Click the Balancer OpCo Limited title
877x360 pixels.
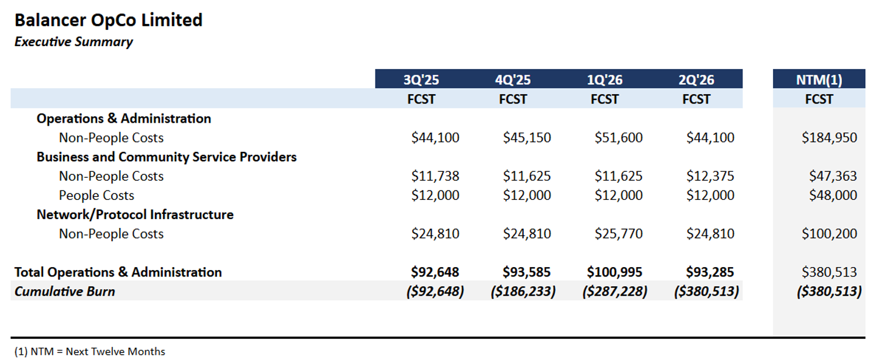pos(108,20)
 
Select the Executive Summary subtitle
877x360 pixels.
pos(74,42)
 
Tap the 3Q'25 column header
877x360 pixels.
pos(421,80)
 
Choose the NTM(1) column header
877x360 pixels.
pos(819,80)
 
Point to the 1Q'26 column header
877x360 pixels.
pos(605,80)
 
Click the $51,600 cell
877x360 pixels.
pos(619,138)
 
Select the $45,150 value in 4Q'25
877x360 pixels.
pos(527,138)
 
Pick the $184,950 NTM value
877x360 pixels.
pos(830,138)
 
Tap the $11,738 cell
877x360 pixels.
pos(435,176)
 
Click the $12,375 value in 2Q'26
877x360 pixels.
pos(710,176)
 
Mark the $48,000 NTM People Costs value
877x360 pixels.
pos(833,195)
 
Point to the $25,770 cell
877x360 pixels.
pos(619,234)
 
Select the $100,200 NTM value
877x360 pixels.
pos(830,234)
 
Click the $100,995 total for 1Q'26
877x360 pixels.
pos(614,272)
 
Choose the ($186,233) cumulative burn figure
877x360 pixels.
pos(523,291)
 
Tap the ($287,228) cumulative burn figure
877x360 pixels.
pos(614,291)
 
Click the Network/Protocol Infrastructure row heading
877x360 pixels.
pos(135,214)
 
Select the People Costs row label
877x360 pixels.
pos(96,195)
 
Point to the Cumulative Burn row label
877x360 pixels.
pos(64,291)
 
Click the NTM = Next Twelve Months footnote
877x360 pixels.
pos(90,352)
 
